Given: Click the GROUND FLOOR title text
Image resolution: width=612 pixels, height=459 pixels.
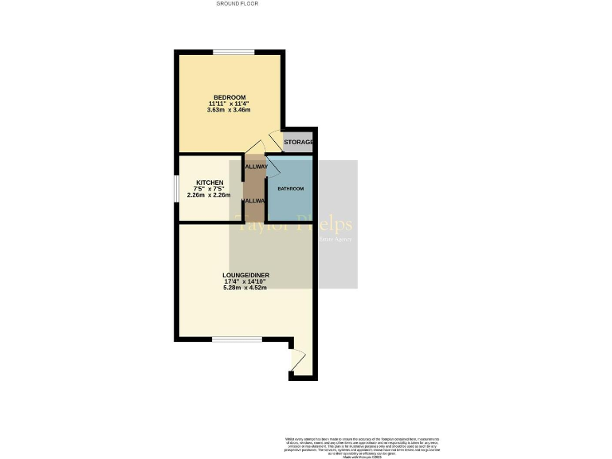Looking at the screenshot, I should point(237,4).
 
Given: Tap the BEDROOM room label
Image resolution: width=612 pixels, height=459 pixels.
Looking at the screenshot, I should point(229,96).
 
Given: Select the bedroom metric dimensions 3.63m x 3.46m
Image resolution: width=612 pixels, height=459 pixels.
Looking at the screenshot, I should point(229,110).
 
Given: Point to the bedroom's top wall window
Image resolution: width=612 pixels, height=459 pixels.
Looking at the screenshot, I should point(233,53).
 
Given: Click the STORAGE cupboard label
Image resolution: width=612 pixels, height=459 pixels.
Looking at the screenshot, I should point(299,142).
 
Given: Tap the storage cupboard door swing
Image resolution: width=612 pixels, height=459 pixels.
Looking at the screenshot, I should point(275,140).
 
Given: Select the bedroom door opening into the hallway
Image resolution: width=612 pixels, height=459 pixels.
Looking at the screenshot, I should point(254,147).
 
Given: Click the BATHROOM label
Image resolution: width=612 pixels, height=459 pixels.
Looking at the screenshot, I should point(290,189).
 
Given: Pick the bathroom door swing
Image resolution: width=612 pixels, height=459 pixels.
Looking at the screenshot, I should point(272,166).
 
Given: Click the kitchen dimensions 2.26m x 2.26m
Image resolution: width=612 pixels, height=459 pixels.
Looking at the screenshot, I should point(209,195).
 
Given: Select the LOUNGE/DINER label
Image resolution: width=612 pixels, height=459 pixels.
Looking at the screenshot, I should point(245,275).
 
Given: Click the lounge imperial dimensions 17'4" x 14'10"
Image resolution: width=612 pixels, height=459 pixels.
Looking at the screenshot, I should point(245,281).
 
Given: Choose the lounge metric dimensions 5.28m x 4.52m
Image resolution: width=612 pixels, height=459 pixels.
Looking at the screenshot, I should point(245,288).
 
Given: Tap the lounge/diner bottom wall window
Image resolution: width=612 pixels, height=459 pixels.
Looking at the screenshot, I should point(237,339).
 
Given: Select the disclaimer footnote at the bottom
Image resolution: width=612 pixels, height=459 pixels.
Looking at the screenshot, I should point(362,446).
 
